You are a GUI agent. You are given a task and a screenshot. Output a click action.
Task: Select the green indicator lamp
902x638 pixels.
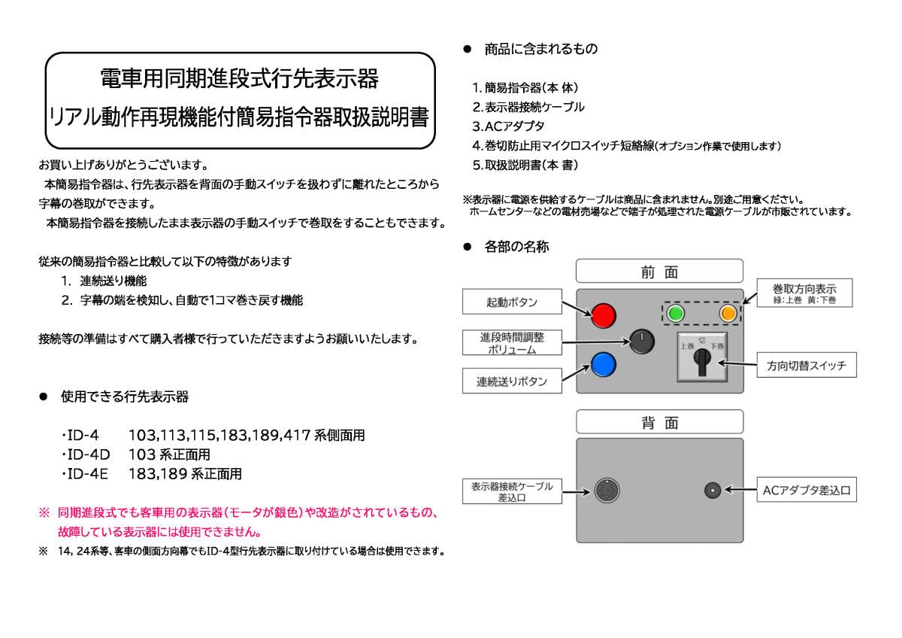[x=676, y=313]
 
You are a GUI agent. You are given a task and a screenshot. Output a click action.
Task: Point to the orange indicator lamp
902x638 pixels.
[x=727, y=313]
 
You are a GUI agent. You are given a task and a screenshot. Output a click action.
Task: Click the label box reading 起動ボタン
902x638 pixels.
[x=511, y=302]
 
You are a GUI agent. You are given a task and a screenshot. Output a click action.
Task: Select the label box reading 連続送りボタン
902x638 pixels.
[x=511, y=381]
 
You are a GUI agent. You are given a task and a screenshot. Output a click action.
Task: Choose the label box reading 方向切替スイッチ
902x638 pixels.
[x=806, y=366]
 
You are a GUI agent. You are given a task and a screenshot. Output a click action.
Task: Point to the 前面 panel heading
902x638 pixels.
[x=659, y=272]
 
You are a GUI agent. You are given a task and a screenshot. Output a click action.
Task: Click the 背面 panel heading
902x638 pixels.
[x=659, y=422]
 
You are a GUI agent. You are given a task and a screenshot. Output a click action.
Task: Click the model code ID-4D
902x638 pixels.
[x=88, y=455]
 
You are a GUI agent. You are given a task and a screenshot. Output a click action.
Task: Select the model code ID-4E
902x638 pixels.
[x=88, y=474]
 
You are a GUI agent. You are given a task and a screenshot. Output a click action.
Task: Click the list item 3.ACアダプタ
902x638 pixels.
[x=508, y=126]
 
